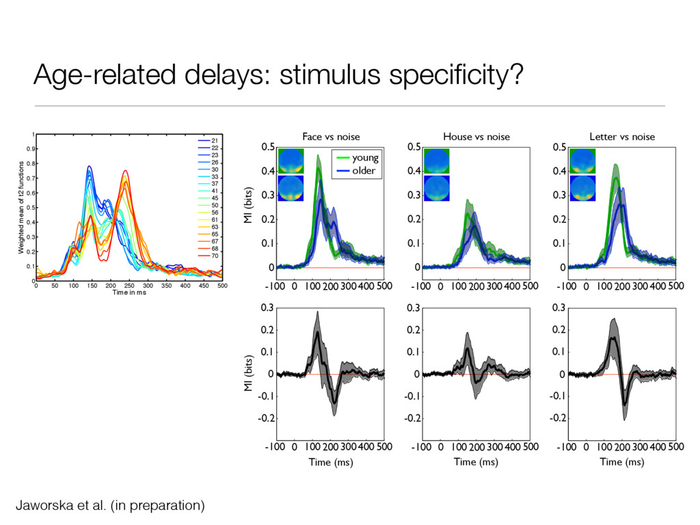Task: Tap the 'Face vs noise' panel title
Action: (x=331, y=137)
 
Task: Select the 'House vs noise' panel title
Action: (x=476, y=137)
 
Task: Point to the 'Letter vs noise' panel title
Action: (x=622, y=137)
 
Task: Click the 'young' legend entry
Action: (x=364, y=158)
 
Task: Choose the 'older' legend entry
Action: (x=364, y=170)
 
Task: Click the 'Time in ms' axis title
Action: (x=129, y=293)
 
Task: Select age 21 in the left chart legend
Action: (x=214, y=140)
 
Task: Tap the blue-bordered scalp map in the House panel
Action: (x=437, y=188)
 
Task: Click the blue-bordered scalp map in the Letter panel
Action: (x=583, y=188)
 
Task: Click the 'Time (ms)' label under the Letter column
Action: (x=621, y=462)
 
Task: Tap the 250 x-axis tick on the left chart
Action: (x=129, y=285)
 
